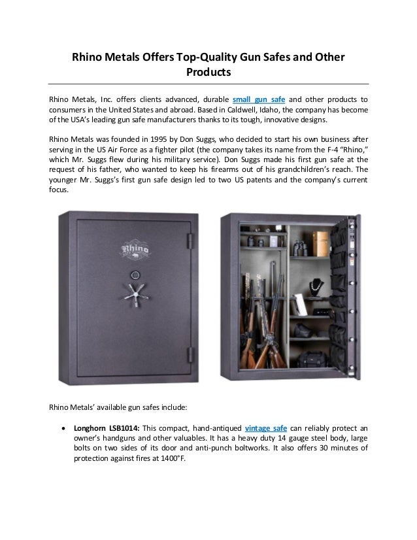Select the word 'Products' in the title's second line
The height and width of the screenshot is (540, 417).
click(208, 73)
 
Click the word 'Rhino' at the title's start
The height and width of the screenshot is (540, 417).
click(88, 58)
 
